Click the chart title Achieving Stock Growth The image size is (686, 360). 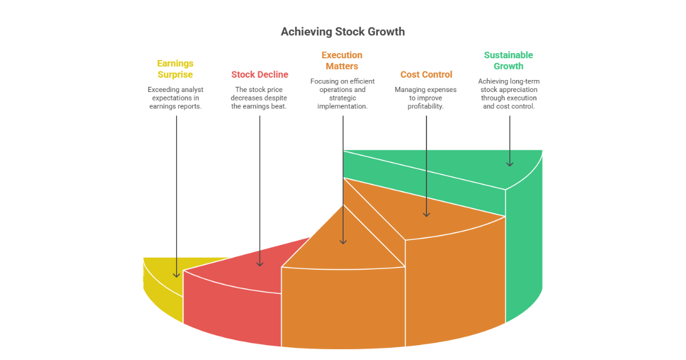point(342,32)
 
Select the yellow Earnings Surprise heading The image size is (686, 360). point(176,69)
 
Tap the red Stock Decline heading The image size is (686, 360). point(260,74)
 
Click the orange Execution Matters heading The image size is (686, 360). point(342,61)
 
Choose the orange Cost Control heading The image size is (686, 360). point(426,74)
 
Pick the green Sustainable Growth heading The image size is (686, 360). point(508,61)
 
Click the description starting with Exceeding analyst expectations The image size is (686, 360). point(176,98)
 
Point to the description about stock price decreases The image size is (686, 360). point(260,98)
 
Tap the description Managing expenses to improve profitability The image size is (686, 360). point(426,98)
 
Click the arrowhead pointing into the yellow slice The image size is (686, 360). point(176,274)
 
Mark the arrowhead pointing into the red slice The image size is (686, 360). point(260,263)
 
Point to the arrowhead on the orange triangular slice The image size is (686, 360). point(343,241)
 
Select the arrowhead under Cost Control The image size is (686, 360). point(426,214)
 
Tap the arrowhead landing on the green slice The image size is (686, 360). point(509,163)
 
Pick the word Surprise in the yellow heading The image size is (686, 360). point(176,75)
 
